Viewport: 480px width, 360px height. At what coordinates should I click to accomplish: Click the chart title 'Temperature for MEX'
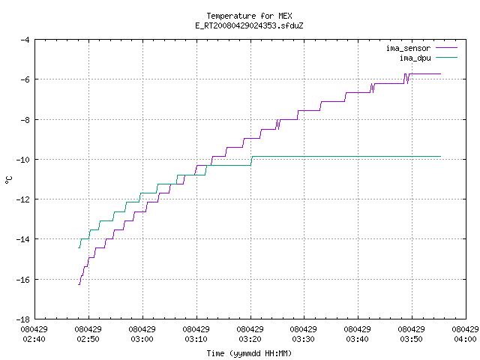point(249,16)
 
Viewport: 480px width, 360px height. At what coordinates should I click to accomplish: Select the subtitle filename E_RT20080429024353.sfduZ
point(249,25)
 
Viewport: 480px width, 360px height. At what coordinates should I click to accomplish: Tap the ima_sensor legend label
point(408,48)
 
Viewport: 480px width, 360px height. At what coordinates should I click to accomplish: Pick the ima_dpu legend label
point(415,58)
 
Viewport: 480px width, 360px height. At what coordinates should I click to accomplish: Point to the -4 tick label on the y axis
point(25,40)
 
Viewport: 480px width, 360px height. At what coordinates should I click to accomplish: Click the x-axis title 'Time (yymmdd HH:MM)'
point(249,353)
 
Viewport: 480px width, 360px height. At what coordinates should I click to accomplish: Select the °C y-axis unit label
point(8,180)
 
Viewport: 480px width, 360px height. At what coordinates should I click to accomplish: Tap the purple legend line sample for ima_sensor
point(447,48)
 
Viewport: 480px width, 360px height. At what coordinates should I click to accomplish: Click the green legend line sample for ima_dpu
point(447,58)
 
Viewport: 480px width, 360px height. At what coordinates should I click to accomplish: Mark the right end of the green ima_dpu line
point(440,157)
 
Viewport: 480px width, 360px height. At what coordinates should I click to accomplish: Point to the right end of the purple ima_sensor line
point(440,73)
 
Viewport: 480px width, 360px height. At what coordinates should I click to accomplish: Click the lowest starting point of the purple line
point(79,285)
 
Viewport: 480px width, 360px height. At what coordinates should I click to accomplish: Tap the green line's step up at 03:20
point(252,161)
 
